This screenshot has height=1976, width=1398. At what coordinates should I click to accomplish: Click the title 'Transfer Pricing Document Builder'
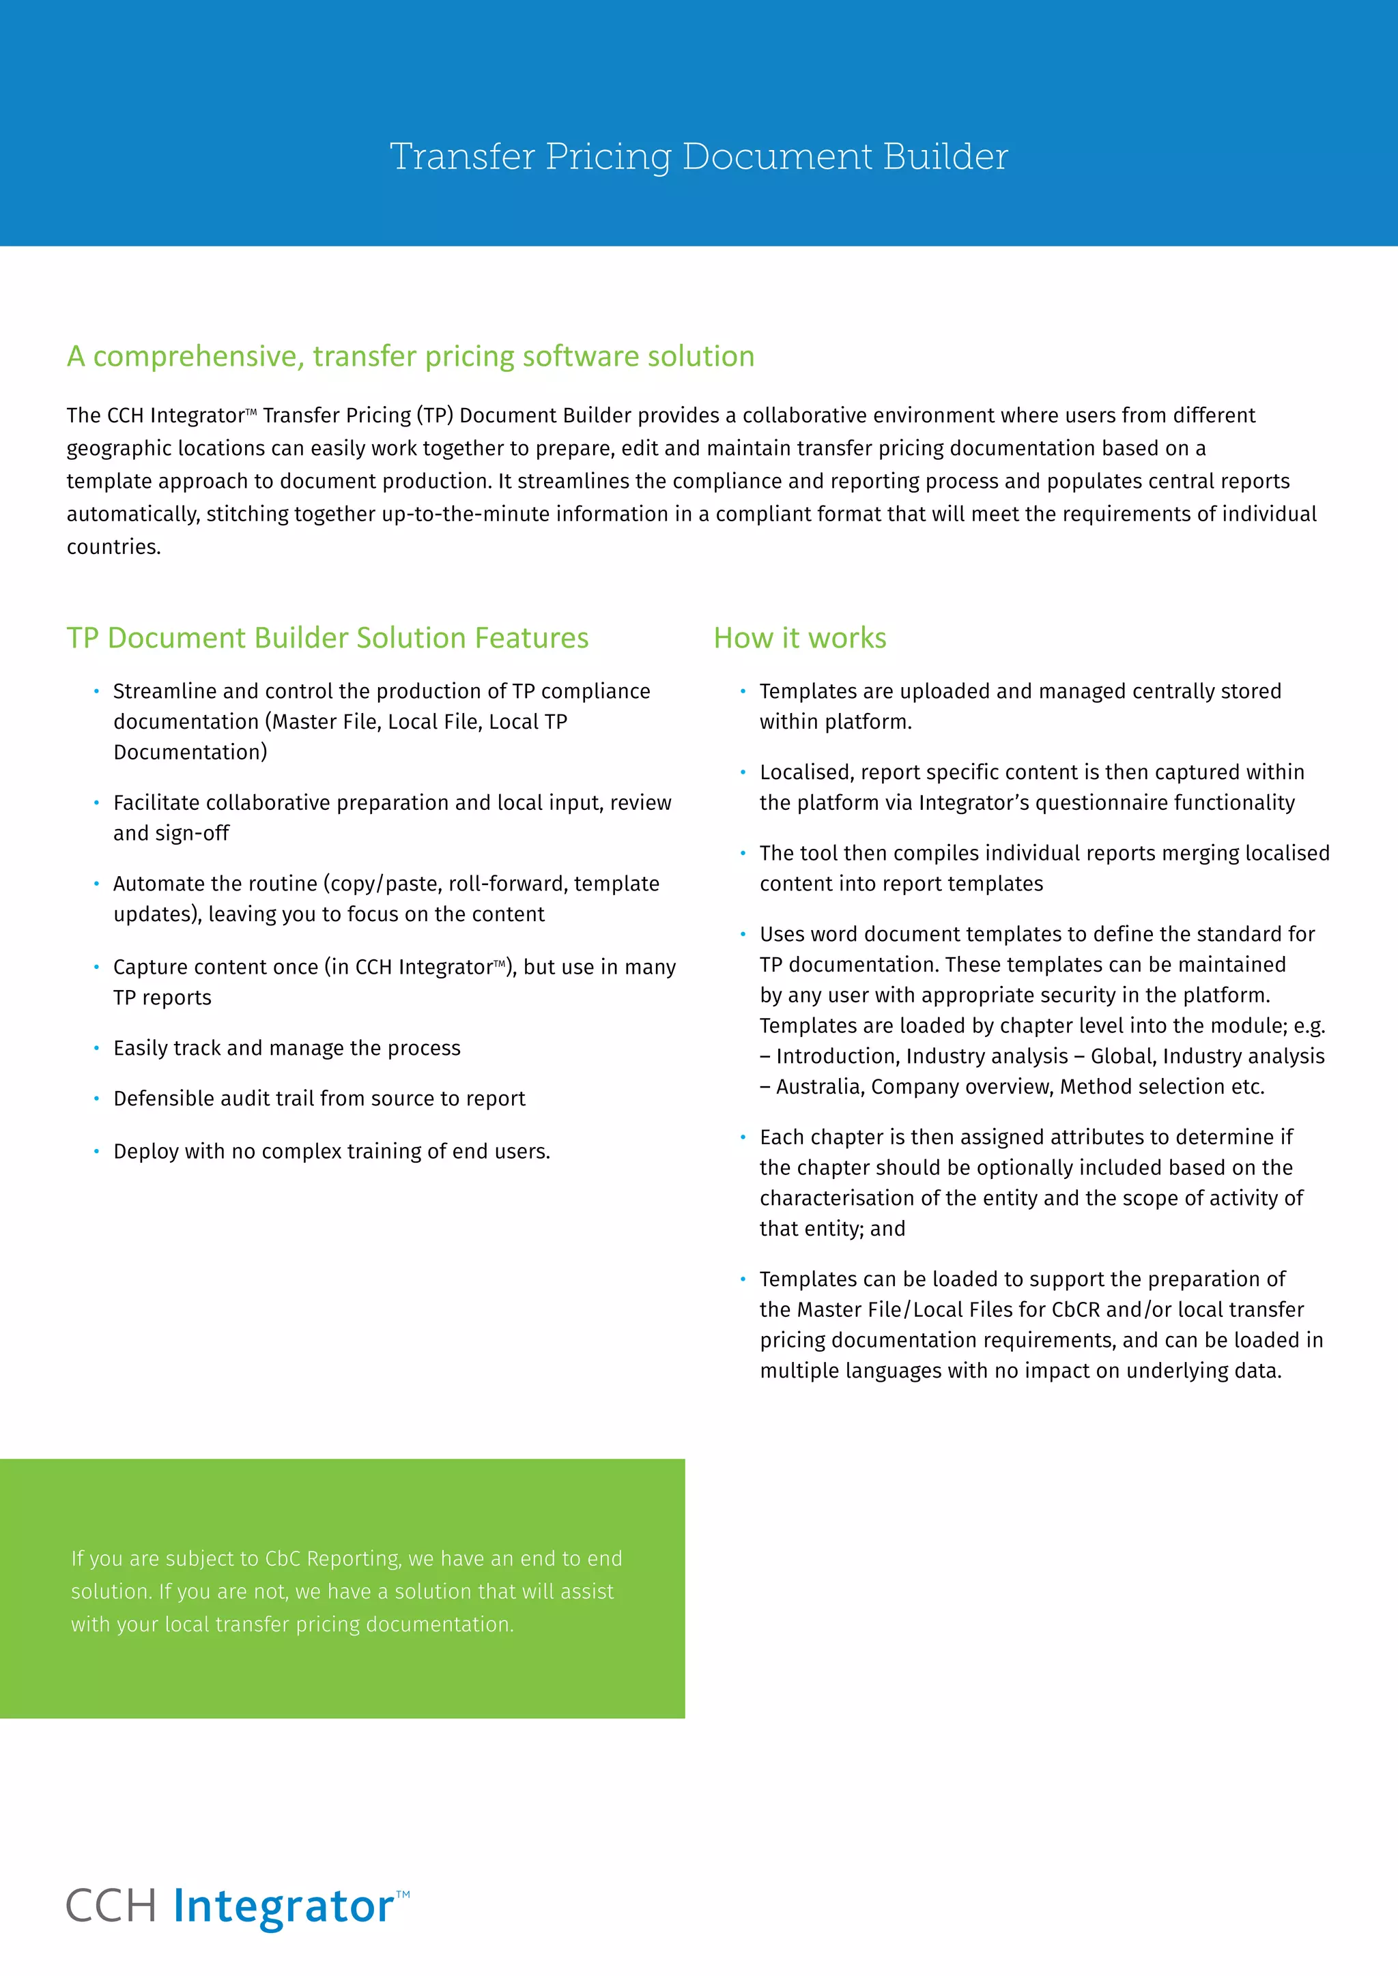698,157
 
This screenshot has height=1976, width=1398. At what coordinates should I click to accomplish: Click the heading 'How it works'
800,638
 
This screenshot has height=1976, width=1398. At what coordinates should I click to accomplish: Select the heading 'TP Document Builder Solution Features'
327,638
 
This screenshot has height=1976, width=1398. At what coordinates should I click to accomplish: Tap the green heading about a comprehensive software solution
411,356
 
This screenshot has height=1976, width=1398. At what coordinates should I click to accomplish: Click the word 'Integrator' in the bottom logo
283,1906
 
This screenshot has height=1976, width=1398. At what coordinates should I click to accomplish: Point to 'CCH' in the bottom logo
111,1906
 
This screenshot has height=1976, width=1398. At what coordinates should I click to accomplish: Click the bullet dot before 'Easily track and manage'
96,1047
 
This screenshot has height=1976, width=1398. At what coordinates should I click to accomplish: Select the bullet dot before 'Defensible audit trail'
96,1098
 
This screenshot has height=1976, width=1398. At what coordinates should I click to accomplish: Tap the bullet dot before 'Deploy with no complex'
96,1150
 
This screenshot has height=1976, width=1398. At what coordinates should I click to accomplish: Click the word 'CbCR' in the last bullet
1075,1310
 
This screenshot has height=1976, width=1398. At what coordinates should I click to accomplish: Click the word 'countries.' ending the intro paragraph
113,547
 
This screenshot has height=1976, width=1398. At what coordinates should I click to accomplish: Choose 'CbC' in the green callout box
283,1558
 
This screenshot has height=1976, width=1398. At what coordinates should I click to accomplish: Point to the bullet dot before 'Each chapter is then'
743,1137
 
